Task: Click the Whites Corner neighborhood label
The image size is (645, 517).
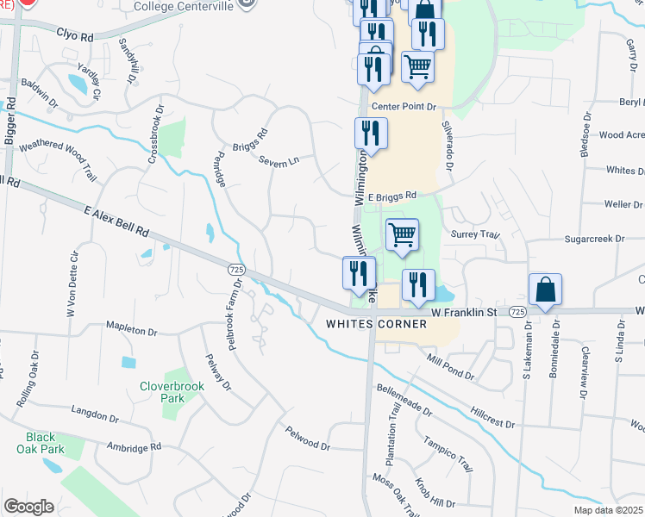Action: pyautogui.click(x=376, y=324)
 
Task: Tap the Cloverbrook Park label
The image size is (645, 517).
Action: pyautogui.click(x=172, y=393)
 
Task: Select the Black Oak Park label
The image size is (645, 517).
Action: pyautogui.click(x=40, y=443)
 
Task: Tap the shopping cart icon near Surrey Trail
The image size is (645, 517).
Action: pyautogui.click(x=403, y=234)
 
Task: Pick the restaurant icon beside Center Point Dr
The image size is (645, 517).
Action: pyautogui.click(x=371, y=134)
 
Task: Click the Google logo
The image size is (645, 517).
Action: pyautogui.click(x=28, y=507)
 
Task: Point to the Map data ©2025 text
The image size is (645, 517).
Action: pyautogui.click(x=608, y=510)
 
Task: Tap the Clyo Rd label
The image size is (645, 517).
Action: pyautogui.click(x=74, y=36)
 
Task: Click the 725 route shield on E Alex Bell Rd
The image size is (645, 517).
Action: pyautogui.click(x=235, y=270)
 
